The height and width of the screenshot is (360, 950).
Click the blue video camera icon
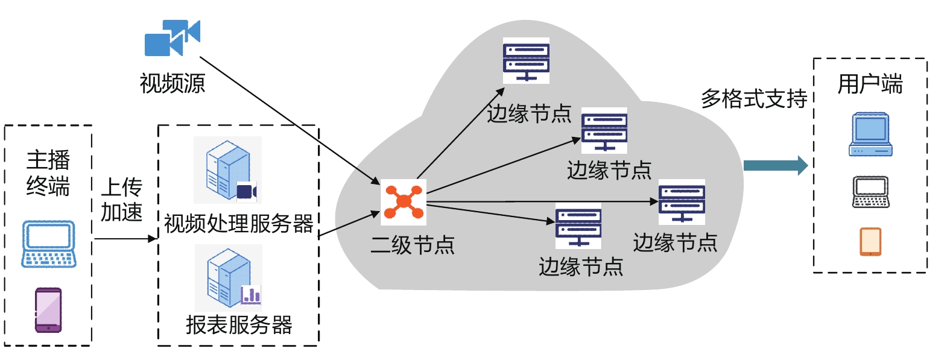[172, 37]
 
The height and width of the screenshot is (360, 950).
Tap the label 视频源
[173, 83]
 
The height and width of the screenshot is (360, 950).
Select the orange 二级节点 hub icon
[403, 202]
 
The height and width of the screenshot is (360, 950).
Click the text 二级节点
[413, 245]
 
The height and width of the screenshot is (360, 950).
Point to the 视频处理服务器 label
[239, 224]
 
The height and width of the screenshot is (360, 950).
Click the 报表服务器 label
[239, 325]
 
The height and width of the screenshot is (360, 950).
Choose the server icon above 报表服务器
[229, 278]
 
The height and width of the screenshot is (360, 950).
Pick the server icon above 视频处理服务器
[228, 170]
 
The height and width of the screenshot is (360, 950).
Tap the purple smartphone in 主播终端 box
[48, 310]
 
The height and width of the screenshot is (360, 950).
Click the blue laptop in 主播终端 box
[49, 244]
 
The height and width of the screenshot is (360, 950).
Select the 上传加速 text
[121, 200]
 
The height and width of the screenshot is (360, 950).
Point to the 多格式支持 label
[754, 98]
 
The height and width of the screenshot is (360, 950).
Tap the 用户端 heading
[870, 84]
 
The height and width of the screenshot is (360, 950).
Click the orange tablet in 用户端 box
[870, 241]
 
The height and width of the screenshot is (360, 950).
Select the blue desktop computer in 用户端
[870, 134]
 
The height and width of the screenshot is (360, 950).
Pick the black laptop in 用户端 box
[870, 192]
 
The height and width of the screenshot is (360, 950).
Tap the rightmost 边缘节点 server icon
[682, 202]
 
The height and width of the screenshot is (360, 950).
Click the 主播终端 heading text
[48, 173]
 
